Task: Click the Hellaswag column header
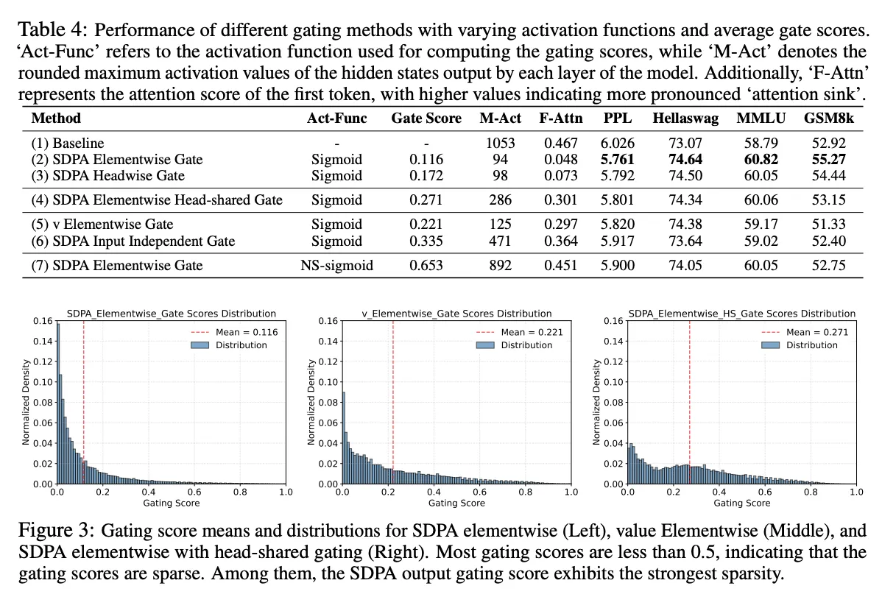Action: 685,119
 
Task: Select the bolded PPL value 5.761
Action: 617,159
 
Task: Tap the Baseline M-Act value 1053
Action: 500,143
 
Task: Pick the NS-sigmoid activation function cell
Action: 336,265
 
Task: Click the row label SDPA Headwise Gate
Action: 108,175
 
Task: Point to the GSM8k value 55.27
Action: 828,159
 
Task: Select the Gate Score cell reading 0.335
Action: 426,241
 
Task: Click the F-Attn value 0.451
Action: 560,265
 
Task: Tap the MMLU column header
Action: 761,119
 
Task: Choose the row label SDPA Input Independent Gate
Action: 133,241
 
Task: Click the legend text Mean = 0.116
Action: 247,332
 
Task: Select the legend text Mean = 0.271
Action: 816,332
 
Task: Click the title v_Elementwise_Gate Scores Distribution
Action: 456,314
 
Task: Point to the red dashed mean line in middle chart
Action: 393,403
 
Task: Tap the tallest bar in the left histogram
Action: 58,403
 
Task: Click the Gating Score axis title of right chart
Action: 742,503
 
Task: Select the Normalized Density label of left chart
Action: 25,403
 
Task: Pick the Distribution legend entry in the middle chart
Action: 514,345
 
